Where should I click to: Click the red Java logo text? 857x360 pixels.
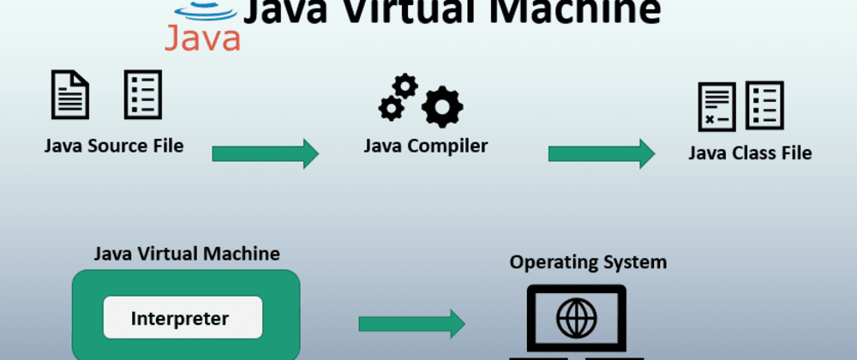[x=202, y=37]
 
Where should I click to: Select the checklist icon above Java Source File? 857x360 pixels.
[x=142, y=94]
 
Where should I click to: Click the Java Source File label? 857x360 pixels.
[x=114, y=146]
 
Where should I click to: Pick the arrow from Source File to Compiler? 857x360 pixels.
[x=265, y=153]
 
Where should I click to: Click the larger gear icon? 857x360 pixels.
[x=443, y=108]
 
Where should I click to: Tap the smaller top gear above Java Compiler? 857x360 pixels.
[x=405, y=86]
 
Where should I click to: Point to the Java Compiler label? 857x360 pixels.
[x=425, y=146]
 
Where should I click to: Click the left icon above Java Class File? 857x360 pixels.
[x=716, y=106]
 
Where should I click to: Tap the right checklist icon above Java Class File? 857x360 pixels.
[x=764, y=105]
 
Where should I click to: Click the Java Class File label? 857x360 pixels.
[x=750, y=153]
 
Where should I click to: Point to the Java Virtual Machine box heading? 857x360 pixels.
[x=186, y=254]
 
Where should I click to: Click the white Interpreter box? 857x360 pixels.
[x=183, y=318]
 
